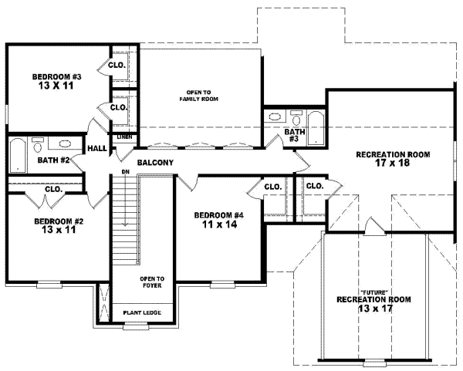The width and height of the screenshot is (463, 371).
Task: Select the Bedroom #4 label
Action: click(218, 215)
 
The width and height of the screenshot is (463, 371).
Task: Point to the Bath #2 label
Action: click(54, 160)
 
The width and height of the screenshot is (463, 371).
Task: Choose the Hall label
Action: click(97, 149)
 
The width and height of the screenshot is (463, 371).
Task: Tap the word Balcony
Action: click(155, 163)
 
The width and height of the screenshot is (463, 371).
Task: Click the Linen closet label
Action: click(124, 137)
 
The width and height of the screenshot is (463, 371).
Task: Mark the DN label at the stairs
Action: click(123, 171)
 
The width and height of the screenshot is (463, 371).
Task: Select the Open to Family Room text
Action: click(195, 95)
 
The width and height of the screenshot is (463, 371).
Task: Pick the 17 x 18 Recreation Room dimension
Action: click(393, 164)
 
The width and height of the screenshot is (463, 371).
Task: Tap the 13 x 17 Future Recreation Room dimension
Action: click(373, 308)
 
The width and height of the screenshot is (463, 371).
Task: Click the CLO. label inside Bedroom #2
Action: click(53, 188)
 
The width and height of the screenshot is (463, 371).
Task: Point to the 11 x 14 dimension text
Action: click(218, 224)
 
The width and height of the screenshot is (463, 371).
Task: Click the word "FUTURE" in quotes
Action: click(373, 290)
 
